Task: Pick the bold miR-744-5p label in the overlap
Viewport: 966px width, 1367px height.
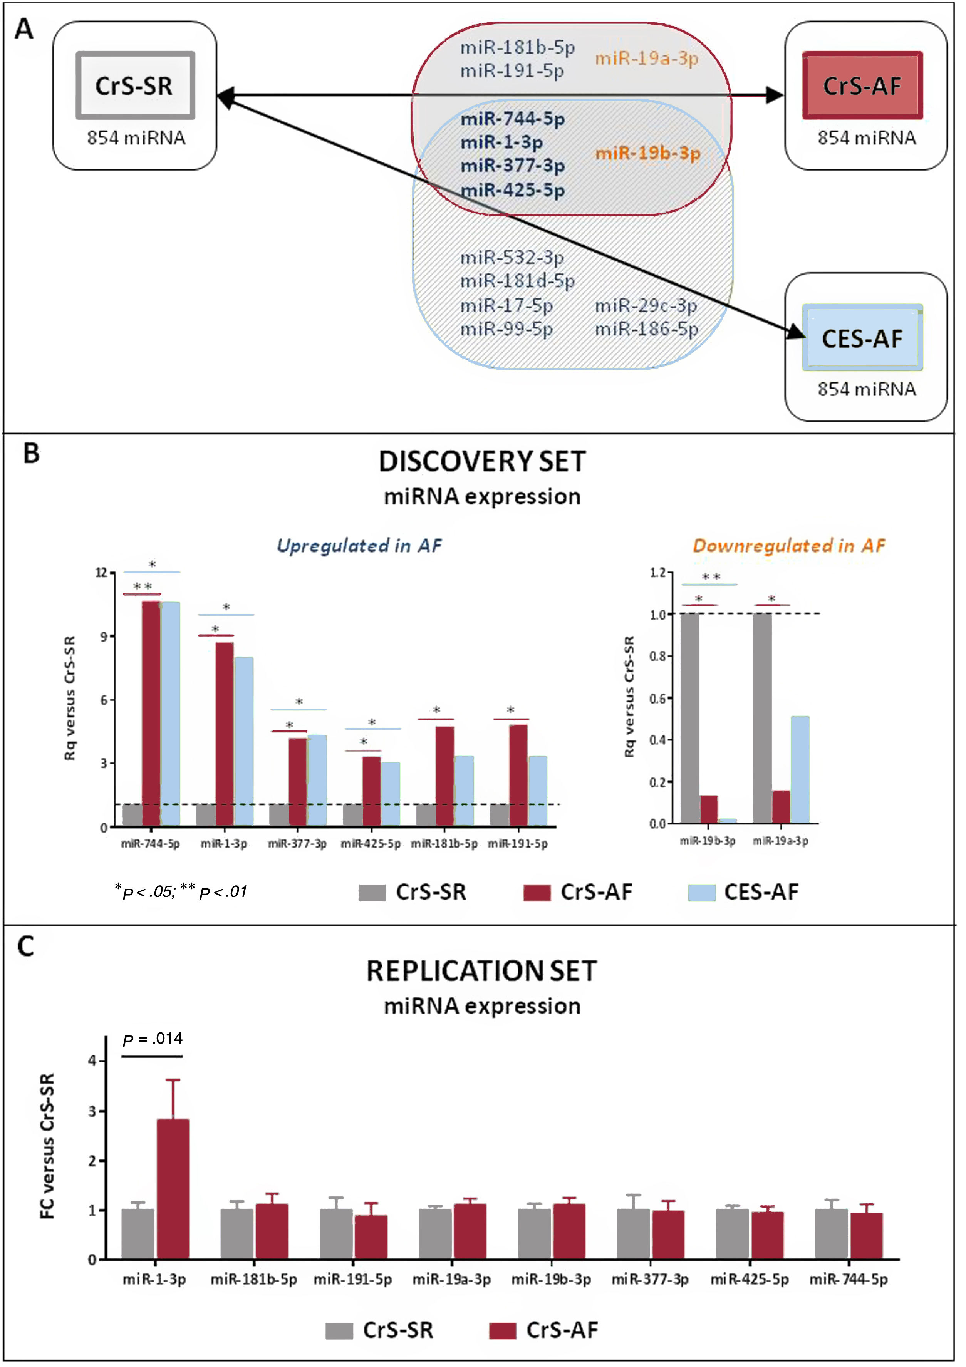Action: [x=512, y=119]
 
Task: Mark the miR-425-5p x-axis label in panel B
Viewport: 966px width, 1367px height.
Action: [x=371, y=844]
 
